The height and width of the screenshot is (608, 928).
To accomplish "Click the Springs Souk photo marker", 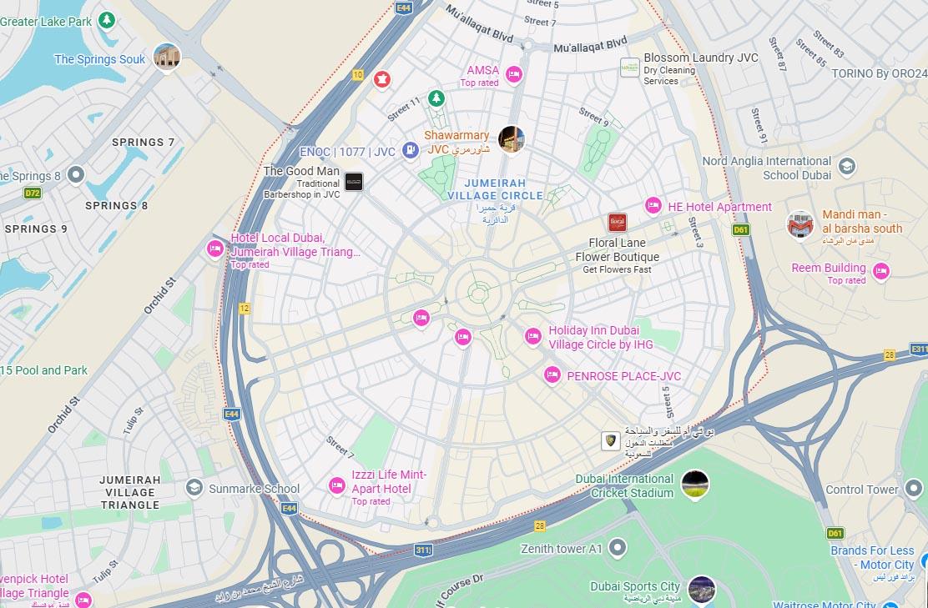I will (167, 58).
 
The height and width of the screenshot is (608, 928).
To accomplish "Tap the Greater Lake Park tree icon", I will (106, 20).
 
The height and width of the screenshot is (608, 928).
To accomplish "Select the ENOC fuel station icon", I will (410, 150).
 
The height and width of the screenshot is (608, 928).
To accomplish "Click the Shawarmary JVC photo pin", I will (511, 139).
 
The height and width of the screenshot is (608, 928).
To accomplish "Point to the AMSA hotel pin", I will (514, 74).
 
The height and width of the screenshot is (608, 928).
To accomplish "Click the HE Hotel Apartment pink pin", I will (653, 206).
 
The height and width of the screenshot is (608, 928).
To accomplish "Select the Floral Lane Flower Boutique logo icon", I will (617, 223).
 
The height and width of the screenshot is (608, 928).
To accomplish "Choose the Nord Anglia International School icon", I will (847, 167).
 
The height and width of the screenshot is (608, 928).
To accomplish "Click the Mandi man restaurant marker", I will (800, 224).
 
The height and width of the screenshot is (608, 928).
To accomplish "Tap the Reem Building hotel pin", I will (880, 271).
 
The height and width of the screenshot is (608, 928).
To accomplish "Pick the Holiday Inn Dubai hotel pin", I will (533, 336).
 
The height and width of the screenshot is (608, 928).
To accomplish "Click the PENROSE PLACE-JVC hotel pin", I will (552, 375).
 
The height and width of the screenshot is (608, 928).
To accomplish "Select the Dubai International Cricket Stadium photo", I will (694, 484).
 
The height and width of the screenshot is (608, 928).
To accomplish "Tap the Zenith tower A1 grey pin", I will (618, 548).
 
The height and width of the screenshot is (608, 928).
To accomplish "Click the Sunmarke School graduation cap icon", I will (194, 488).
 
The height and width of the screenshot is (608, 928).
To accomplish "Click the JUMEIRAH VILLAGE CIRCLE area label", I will (495, 189).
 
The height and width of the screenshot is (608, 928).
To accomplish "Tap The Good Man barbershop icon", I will (354, 182).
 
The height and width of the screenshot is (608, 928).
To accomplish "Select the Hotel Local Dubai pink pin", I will (214, 249).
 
